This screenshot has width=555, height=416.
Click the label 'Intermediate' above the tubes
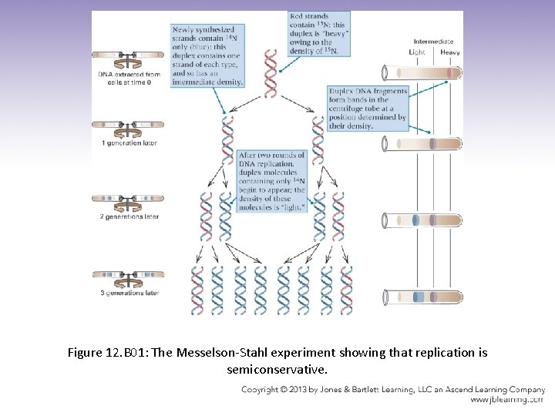(433, 42)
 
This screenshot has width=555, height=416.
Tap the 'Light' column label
(416, 52)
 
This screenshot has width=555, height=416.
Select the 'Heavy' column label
(449, 52)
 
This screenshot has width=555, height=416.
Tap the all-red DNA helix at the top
(271, 73)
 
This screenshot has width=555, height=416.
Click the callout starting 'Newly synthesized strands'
(207, 55)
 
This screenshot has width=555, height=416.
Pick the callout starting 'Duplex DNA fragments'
(367, 109)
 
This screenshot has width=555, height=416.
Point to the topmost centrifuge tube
(423, 74)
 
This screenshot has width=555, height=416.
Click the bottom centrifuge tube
(423, 297)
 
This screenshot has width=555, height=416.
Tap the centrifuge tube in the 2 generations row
(423, 220)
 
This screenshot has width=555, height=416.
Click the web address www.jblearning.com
(507, 400)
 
